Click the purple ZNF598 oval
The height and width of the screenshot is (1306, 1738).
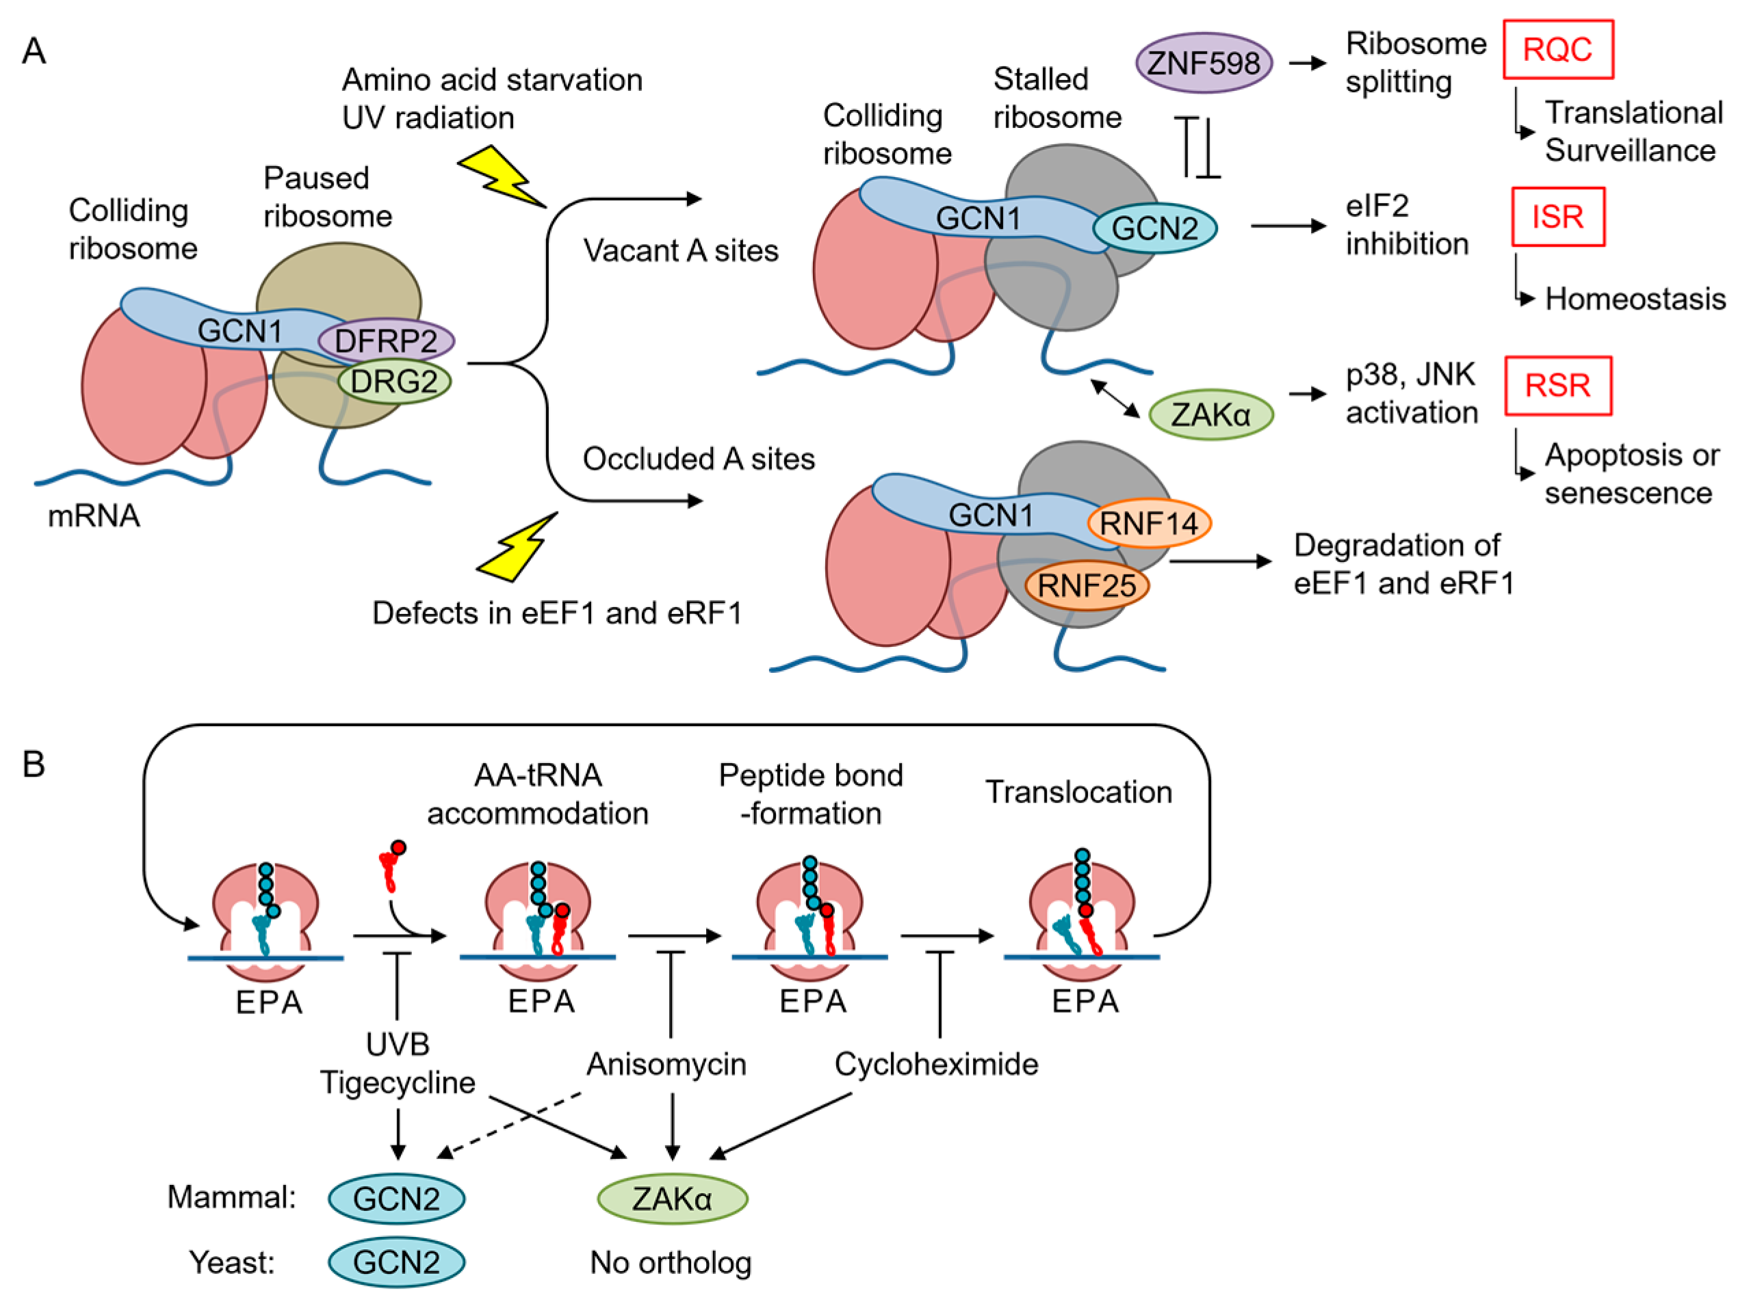[1203, 63]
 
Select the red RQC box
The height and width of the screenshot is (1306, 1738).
[1557, 49]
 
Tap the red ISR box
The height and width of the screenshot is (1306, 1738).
[1557, 217]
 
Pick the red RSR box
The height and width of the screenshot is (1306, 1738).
[1557, 386]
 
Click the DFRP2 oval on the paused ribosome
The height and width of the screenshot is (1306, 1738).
[386, 341]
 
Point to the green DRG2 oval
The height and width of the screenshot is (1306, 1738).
[393, 382]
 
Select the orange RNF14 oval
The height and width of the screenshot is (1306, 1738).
[1148, 523]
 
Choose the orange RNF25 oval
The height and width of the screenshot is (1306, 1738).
[1087, 585]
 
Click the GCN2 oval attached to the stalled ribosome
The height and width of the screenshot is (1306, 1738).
[1154, 228]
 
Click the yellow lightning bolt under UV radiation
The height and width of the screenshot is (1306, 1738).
[500, 176]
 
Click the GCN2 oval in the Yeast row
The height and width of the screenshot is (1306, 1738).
[396, 1263]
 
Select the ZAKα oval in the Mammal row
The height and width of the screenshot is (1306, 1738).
[672, 1199]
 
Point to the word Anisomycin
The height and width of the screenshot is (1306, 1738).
[666, 1065]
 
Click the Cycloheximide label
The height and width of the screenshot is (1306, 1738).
[936, 1065]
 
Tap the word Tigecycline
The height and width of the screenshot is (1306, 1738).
[398, 1083]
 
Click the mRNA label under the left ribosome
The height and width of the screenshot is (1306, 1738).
[94, 516]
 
